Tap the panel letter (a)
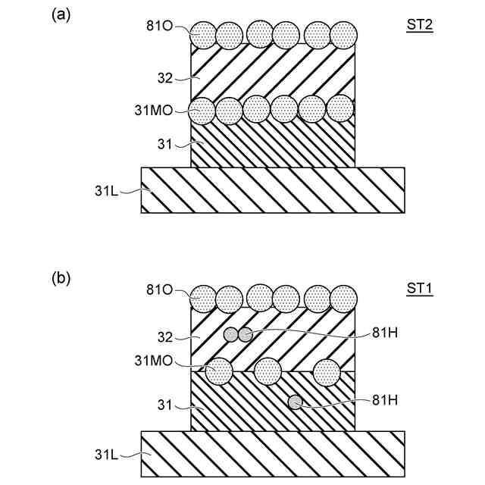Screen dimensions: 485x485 click(x=61, y=15)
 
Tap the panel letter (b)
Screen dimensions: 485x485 click(x=61, y=278)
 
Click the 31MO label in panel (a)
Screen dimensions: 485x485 click(x=155, y=110)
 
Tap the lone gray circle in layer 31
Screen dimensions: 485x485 click(x=295, y=402)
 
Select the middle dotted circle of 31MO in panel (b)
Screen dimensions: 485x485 click(x=268, y=371)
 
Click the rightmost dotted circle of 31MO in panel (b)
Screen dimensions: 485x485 click(x=327, y=371)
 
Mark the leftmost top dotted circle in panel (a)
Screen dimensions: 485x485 click(x=203, y=34)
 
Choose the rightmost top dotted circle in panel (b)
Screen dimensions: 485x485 click(x=344, y=299)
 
